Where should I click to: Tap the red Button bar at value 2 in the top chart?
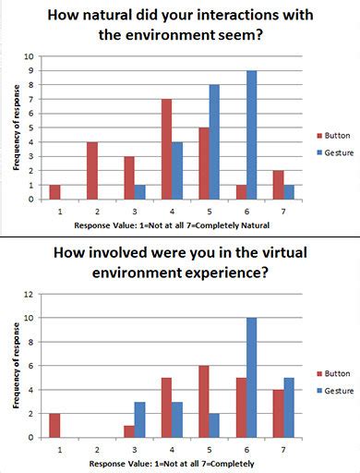[x=91, y=170]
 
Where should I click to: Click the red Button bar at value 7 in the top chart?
[x=279, y=185]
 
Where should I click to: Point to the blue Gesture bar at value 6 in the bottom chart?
[x=251, y=378]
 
